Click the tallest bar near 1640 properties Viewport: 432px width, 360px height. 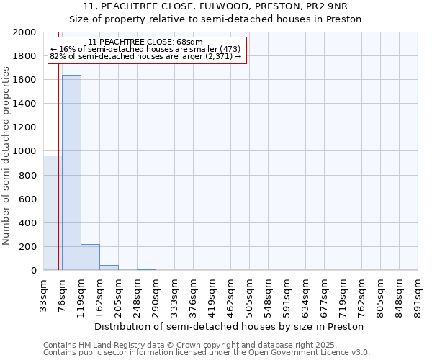71,173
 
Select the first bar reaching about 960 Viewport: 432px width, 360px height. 53,213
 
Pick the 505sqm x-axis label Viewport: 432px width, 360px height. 250,295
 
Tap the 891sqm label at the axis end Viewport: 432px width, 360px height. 418,295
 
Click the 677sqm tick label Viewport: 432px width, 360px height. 325,295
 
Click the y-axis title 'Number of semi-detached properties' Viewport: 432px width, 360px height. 7,156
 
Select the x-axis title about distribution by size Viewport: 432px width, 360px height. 230,326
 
